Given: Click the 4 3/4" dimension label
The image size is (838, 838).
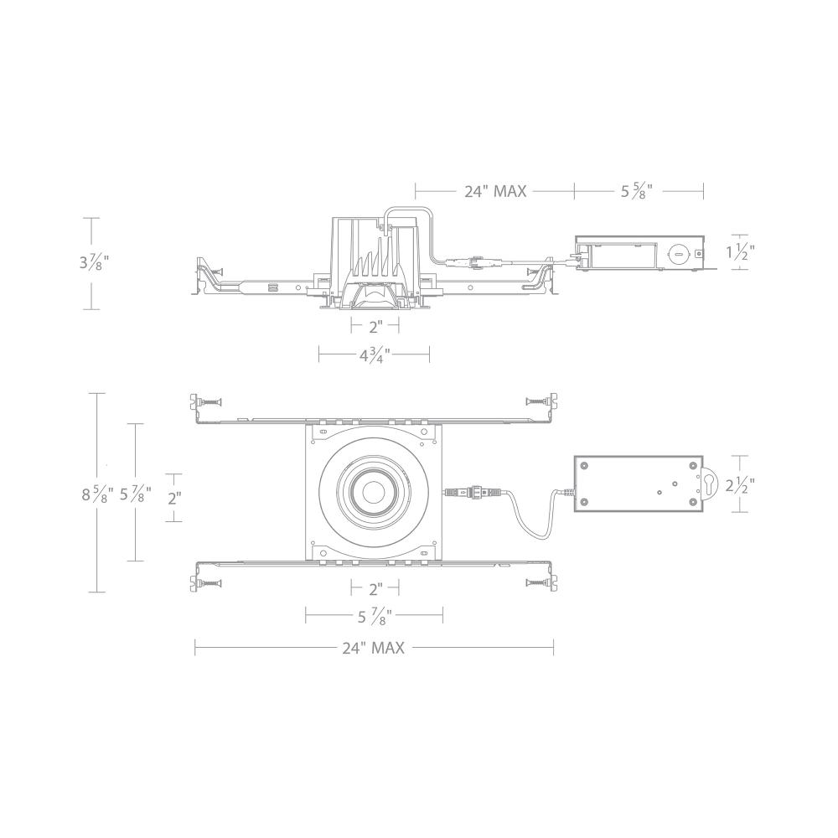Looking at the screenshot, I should click(375, 355).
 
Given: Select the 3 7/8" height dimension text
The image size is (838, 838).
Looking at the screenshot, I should click(94, 262).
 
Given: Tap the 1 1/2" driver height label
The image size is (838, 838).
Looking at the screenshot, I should click(741, 251).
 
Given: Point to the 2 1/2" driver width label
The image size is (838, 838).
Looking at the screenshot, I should click(741, 483).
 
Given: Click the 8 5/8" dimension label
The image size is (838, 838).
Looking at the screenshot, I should click(97, 494).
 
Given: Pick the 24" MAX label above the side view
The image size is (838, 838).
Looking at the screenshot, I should click(495, 191).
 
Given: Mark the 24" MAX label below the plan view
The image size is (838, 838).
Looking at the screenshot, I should click(373, 648).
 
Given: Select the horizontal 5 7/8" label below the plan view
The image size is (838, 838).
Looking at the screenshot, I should click(375, 618).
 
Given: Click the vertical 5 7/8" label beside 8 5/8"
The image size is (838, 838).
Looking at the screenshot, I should click(136, 494).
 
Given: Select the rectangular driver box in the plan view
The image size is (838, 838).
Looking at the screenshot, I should click(637, 484).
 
